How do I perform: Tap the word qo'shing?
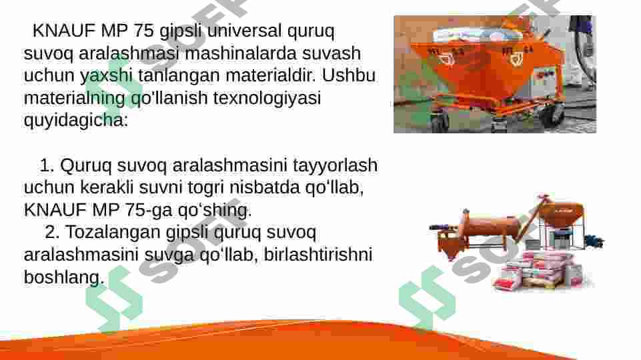[215, 210]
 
